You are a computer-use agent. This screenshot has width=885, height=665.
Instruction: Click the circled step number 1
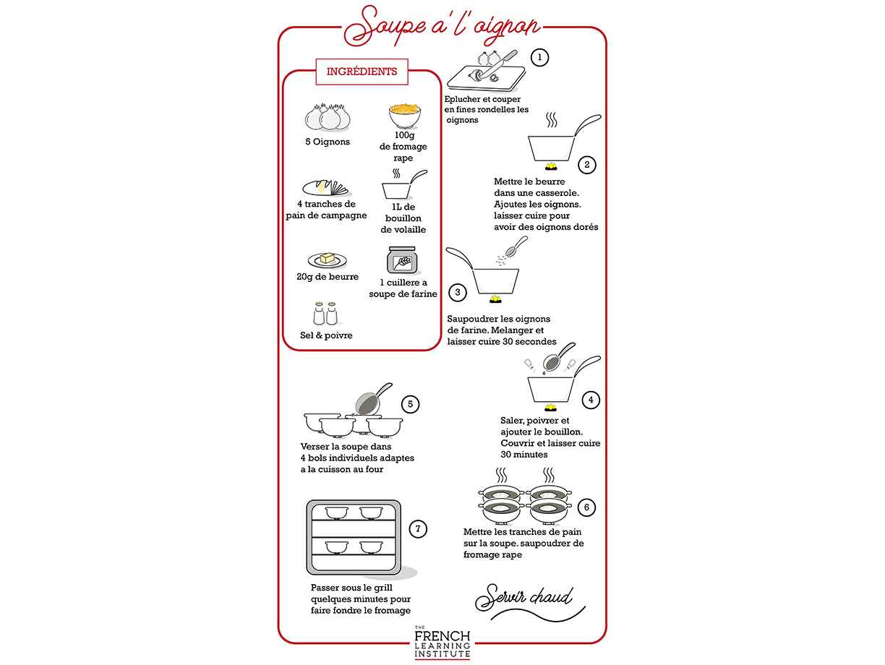[x=539, y=58]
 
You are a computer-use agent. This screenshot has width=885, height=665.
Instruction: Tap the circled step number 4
[x=591, y=400]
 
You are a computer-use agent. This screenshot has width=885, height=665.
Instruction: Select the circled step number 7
[x=418, y=529]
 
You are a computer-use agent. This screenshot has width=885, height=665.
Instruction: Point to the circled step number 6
[x=586, y=507]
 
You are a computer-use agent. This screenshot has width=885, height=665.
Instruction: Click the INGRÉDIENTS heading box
[x=362, y=72]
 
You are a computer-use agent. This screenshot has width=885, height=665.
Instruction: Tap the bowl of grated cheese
[x=404, y=116]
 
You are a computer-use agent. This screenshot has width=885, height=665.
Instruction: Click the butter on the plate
[x=328, y=258]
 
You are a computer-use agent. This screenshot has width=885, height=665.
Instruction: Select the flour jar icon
[x=402, y=260]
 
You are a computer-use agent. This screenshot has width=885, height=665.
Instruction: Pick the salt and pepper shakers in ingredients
[x=325, y=314]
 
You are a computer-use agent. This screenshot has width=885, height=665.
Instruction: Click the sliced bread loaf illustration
[x=326, y=188]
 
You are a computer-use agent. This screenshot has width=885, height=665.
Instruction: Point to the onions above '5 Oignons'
[x=328, y=118]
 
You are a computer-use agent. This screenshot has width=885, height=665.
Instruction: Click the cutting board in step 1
[x=487, y=79]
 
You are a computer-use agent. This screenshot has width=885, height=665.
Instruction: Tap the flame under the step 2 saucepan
[x=552, y=166]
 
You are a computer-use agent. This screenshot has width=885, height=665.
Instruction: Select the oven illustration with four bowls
[x=354, y=537]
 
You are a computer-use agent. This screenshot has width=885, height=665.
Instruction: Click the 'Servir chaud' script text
[x=524, y=597]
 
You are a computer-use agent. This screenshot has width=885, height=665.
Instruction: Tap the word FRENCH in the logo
[x=442, y=636]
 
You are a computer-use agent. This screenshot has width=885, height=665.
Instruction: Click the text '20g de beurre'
[x=328, y=277]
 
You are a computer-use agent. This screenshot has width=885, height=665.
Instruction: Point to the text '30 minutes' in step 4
[x=524, y=455]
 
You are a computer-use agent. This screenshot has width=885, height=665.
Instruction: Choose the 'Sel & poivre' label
[x=326, y=335]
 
